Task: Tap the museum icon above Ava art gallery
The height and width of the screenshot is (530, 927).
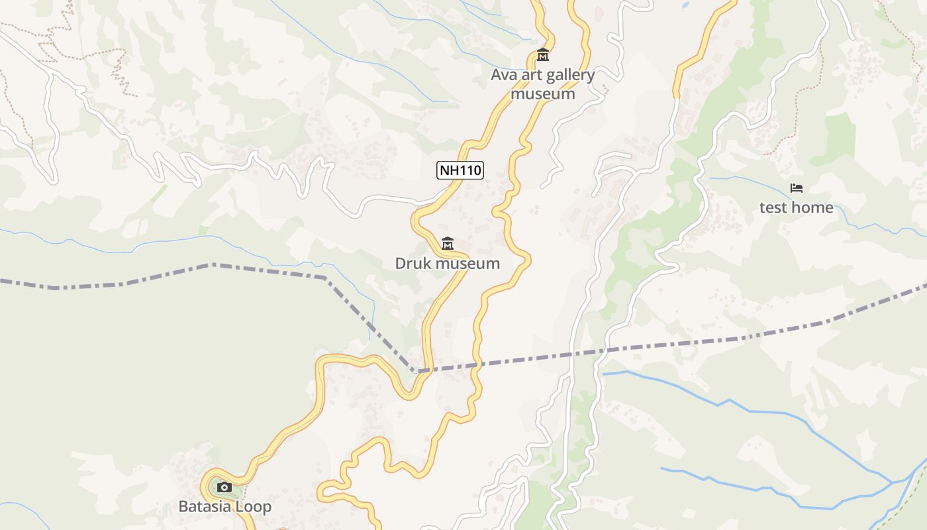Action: pos(543,54)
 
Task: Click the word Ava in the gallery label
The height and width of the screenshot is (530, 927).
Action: pos(503,75)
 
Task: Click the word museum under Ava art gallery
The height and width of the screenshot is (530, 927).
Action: pos(543,93)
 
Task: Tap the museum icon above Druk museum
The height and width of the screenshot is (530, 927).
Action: pos(448,244)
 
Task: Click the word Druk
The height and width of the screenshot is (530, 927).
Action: pos(413,263)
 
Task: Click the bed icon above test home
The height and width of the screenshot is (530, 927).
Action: pos(796,189)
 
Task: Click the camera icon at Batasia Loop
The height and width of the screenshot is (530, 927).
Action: pos(224,488)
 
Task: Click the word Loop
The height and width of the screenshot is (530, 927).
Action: pos(256,507)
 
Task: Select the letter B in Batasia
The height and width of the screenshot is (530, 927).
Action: pos(183,507)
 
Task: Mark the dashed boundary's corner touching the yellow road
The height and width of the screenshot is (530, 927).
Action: pos(415,372)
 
